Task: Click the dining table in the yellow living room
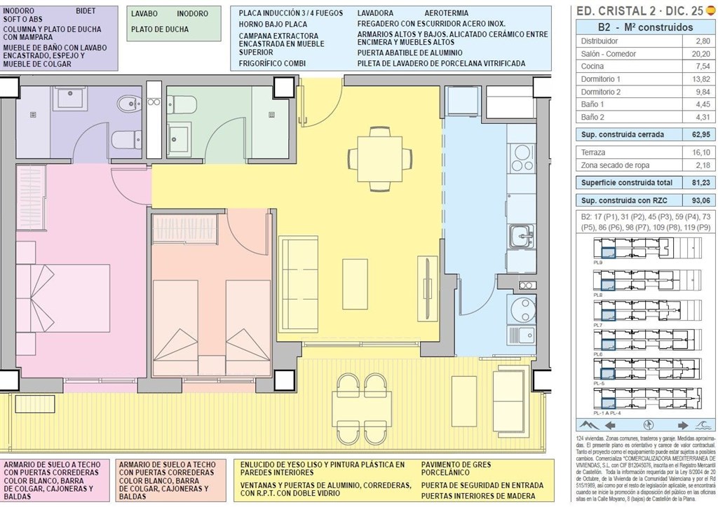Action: point(380,158)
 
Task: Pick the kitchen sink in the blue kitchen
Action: point(520,236)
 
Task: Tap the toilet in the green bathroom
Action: point(181,105)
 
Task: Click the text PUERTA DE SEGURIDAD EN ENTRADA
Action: point(482,485)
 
